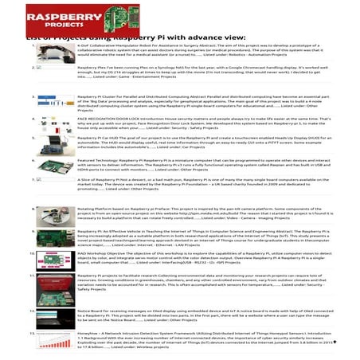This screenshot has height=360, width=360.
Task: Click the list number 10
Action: click(x=30, y=252)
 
